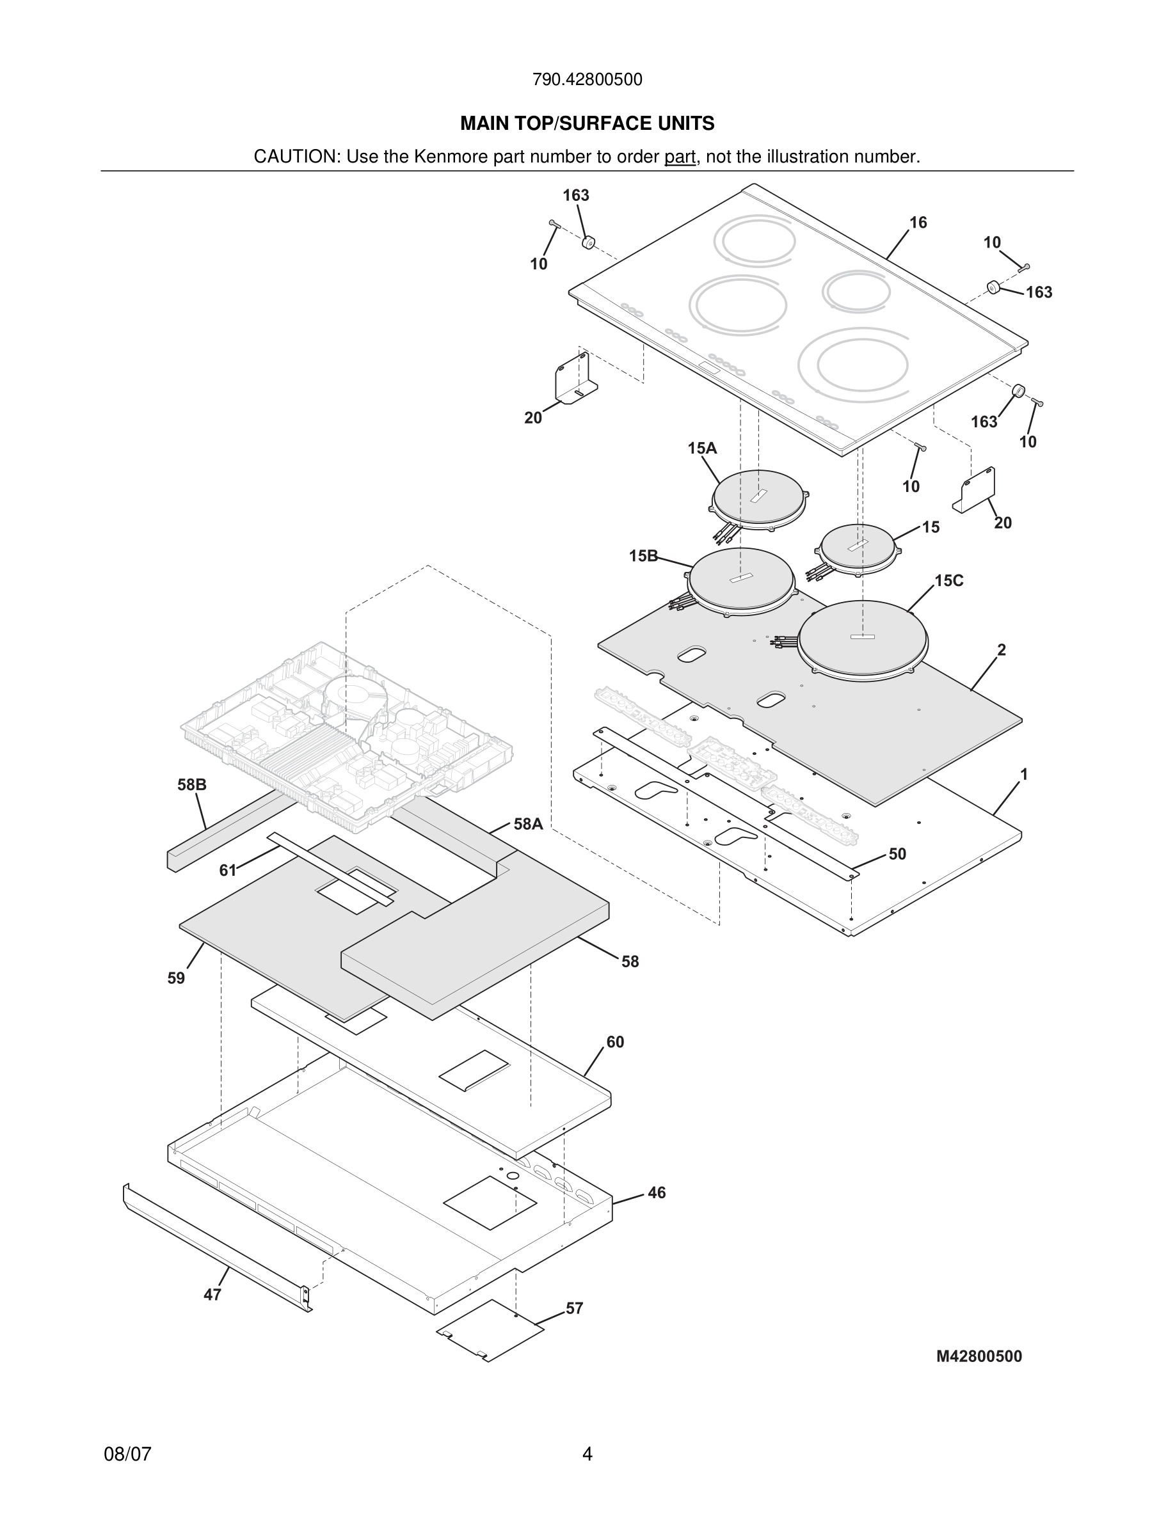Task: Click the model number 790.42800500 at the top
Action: tap(587, 80)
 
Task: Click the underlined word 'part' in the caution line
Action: tap(680, 157)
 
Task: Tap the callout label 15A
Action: tap(701, 448)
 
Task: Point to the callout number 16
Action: tap(918, 223)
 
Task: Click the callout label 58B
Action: tap(191, 785)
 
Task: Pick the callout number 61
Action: tap(228, 870)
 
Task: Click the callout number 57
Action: tap(574, 1308)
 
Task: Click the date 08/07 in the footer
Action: tap(127, 1454)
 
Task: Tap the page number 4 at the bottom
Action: tap(587, 1454)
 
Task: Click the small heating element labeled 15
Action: tap(858, 550)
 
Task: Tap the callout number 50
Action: tap(897, 854)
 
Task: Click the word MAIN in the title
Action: tap(484, 124)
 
